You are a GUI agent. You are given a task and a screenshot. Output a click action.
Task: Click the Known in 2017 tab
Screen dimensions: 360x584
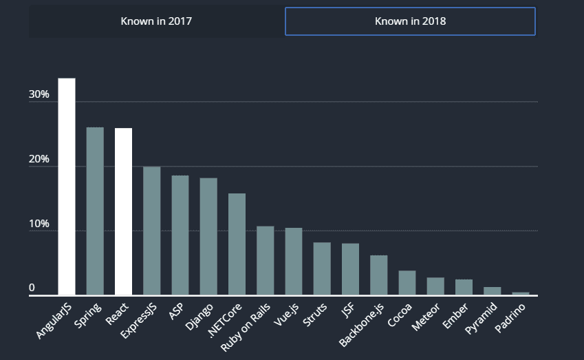pos(156,21)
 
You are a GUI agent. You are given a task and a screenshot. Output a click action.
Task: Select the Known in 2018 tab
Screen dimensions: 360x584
pos(410,21)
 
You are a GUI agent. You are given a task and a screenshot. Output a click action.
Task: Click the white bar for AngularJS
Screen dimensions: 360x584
pos(67,187)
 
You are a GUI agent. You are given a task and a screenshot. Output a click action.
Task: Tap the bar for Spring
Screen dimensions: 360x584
pos(95,211)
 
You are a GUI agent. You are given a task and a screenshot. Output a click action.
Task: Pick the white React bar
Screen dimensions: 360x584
pos(123,211)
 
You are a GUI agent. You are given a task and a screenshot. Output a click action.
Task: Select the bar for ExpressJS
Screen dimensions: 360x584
pos(151,231)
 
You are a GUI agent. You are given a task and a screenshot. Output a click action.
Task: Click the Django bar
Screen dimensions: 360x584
pos(208,236)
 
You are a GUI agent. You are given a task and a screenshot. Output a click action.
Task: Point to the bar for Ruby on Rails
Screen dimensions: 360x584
pos(266,260)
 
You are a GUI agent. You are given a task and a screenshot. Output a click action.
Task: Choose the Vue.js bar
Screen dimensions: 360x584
pos(294,261)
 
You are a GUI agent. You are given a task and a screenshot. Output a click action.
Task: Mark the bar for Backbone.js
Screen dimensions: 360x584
pos(379,275)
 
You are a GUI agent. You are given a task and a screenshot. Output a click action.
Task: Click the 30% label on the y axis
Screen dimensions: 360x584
pos(39,94)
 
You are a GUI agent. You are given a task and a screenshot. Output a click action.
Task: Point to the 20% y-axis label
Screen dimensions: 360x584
pos(39,159)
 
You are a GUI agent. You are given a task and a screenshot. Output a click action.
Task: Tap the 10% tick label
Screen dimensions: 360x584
pos(39,224)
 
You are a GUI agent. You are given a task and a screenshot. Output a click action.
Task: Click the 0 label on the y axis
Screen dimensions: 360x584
pos(32,288)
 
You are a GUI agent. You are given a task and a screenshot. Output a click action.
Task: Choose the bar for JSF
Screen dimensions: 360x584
pos(350,269)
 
